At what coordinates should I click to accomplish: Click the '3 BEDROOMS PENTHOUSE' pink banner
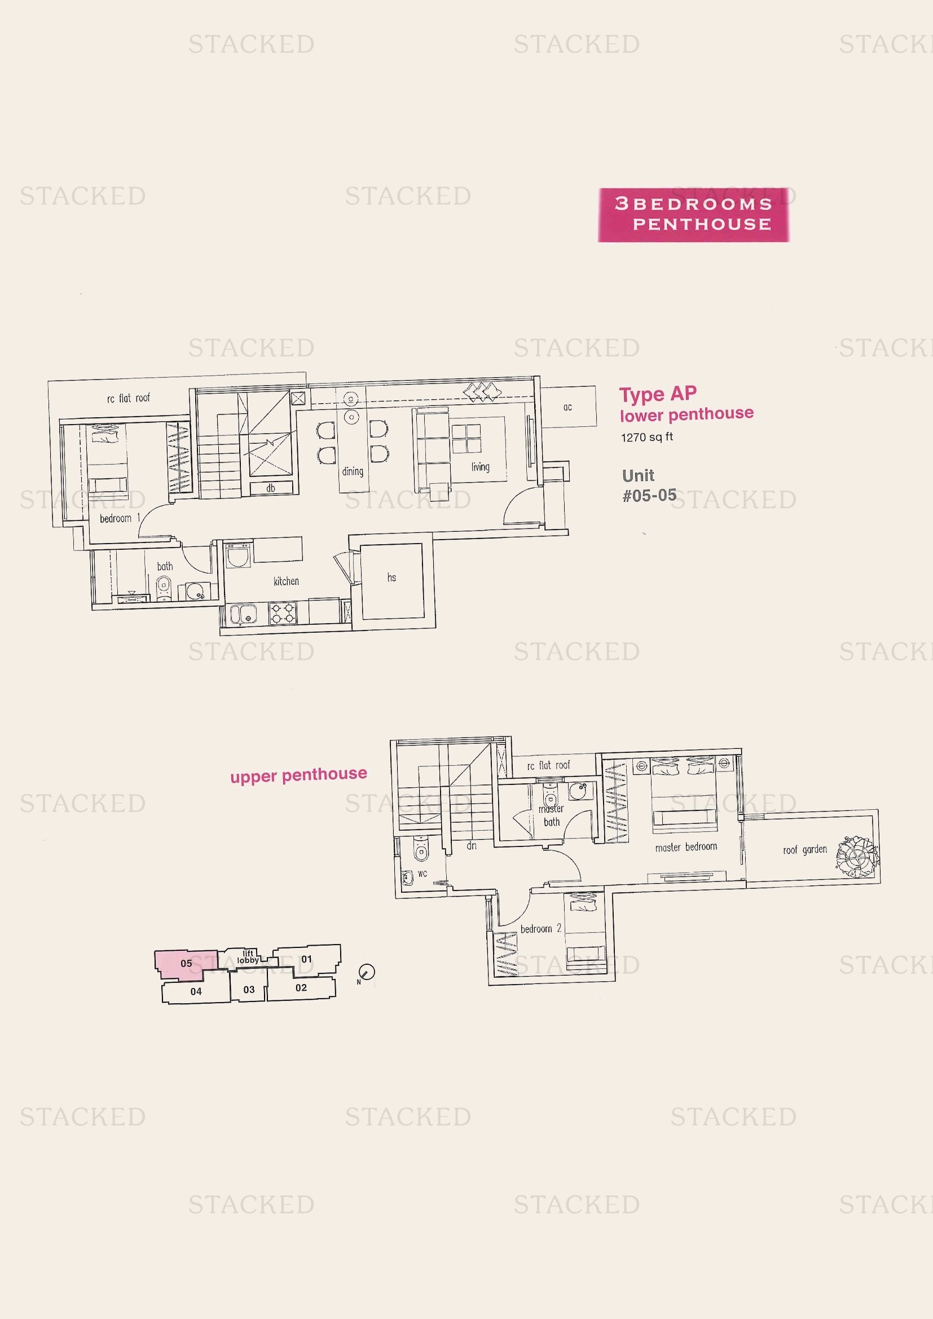(x=693, y=214)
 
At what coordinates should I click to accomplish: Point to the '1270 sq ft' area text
(x=647, y=436)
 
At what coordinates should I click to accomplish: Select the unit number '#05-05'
(x=649, y=495)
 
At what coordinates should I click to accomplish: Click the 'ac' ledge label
(x=567, y=407)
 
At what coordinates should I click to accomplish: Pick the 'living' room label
(x=480, y=466)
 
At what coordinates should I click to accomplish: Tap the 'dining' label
(x=353, y=471)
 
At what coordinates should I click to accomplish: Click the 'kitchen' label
(x=286, y=581)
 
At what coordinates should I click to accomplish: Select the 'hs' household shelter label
(x=391, y=577)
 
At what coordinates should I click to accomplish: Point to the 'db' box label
(x=271, y=488)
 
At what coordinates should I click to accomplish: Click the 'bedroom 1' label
(x=120, y=518)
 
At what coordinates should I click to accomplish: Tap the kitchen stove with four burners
(x=283, y=613)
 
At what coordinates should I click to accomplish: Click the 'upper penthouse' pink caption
(x=299, y=775)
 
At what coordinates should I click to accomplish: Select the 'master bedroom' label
(x=686, y=846)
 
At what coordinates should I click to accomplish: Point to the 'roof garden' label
(x=805, y=849)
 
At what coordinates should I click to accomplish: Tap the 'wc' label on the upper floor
(x=423, y=873)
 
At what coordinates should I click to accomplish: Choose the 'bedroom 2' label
(x=540, y=928)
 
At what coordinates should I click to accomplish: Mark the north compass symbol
(x=366, y=972)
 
